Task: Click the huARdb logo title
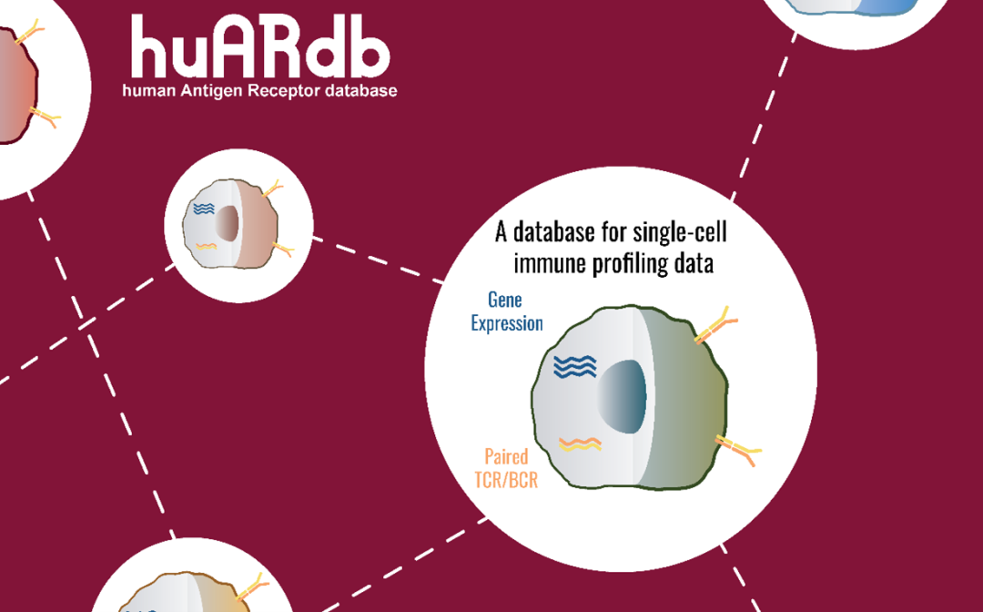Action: [x=259, y=46]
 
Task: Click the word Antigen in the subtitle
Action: [x=201, y=91]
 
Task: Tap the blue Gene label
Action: [x=505, y=301]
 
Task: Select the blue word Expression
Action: [x=507, y=323]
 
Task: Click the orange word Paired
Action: [x=506, y=456]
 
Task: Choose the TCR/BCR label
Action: [x=506, y=479]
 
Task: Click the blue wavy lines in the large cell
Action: [x=575, y=366]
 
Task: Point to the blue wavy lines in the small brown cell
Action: [x=202, y=210]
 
